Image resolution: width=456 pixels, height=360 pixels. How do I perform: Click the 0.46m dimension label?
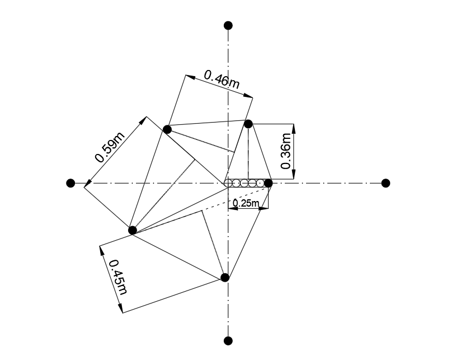222,79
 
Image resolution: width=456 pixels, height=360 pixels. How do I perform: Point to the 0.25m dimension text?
247,203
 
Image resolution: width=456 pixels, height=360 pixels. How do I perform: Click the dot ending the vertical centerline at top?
228,25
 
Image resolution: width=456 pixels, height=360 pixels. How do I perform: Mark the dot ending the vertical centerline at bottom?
228,340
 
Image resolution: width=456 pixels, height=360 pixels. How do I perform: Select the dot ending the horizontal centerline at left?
70,183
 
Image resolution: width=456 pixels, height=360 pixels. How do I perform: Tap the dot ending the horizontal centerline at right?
386,183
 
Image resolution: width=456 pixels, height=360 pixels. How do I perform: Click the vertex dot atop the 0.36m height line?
248,123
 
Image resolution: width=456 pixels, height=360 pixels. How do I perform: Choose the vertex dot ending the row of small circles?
268,183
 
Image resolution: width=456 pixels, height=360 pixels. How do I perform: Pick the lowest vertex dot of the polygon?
225,278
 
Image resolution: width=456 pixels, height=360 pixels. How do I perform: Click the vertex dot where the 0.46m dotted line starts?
167,129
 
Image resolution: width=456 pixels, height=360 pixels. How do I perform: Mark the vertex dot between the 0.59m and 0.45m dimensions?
133,230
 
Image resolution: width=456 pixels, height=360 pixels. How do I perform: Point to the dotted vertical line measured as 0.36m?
248,154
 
